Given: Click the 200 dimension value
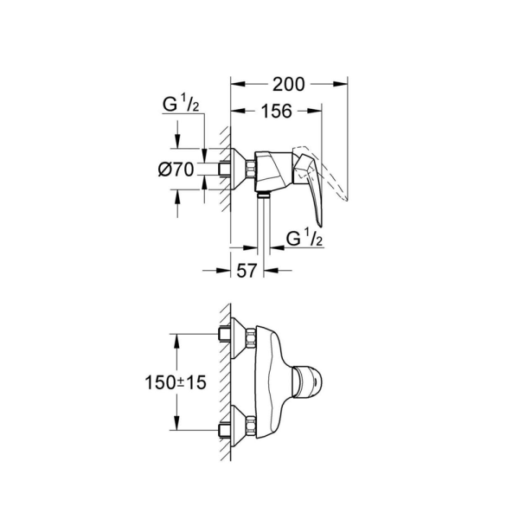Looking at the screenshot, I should pyautogui.click(x=288, y=84).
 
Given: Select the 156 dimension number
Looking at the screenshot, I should pyautogui.click(x=276, y=111).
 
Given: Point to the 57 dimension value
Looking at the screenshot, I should pyautogui.click(x=247, y=271).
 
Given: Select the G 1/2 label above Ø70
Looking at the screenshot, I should pyautogui.click(x=181, y=106).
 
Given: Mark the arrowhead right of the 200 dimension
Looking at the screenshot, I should pyautogui.click(x=342, y=84).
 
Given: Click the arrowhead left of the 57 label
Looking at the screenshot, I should pyautogui.click(x=224, y=270).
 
